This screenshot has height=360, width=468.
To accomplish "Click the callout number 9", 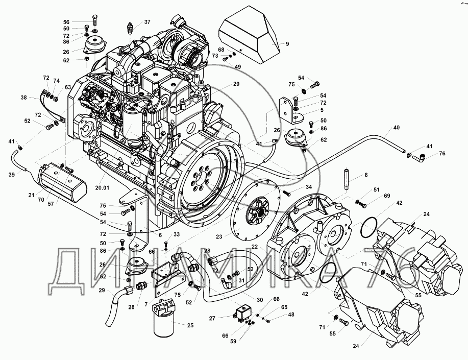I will coord(287,44).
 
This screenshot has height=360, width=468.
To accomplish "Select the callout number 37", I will coord(147,22).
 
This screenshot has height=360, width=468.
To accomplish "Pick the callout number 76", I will coord(442,153).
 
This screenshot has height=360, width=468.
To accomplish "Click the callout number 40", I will coord(397,128).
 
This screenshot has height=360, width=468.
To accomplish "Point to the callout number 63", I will coord(68,87).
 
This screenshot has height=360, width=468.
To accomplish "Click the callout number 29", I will coord(102,290).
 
